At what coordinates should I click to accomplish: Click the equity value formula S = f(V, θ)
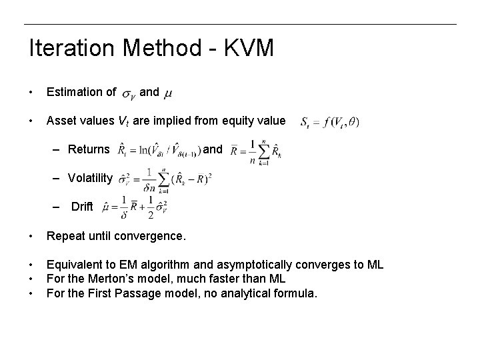pyautogui.click(x=329, y=122)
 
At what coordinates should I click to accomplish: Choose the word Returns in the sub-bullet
pyautogui.click(x=89, y=149)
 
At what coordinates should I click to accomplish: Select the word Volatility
pyautogui.click(x=91, y=178)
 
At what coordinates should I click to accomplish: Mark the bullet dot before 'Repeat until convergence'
pyautogui.click(x=31, y=236)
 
